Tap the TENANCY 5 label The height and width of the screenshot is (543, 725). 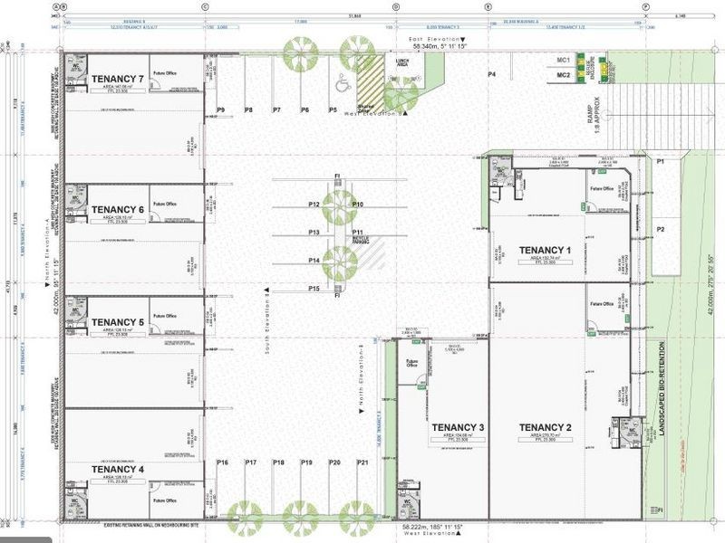pos(118,321)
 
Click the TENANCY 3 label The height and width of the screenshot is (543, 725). pos(458,427)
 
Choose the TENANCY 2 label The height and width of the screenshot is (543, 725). pos(545,427)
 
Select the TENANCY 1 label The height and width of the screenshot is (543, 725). pos(545,250)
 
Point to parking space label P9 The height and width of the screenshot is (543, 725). pos(220,110)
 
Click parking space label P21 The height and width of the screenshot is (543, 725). pos(362,462)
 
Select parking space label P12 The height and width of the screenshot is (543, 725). pos(314,205)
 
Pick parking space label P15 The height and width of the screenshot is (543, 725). pos(314,288)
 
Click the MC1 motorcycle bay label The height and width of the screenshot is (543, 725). pos(563,60)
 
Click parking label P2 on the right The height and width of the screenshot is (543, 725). pos(661,229)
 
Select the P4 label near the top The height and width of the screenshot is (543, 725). pos(492,73)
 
